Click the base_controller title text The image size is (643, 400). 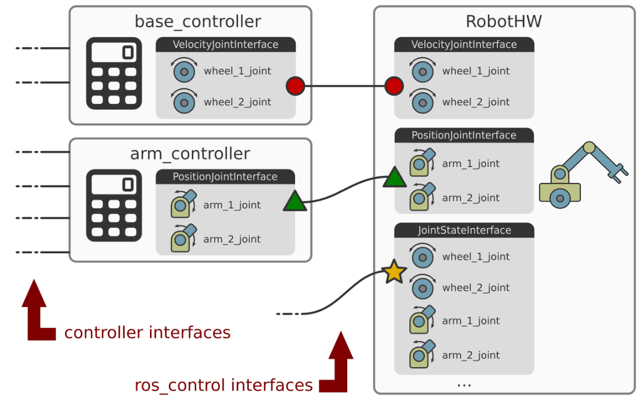(x=197, y=21)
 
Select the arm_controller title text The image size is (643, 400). (x=190, y=153)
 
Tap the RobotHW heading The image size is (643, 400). (x=503, y=21)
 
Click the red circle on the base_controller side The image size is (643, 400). (x=295, y=86)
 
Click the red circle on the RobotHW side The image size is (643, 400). (x=393, y=86)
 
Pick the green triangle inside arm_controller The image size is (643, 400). (x=294, y=202)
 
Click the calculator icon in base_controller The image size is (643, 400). (x=114, y=74)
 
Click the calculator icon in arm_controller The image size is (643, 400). (x=114, y=205)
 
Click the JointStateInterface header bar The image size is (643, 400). (x=464, y=230)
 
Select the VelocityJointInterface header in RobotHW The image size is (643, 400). (x=464, y=45)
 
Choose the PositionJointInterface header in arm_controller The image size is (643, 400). (x=225, y=176)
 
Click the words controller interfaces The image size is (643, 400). (x=147, y=332)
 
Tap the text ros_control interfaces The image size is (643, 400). (x=224, y=385)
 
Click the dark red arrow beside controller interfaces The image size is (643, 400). (x=36, y=313)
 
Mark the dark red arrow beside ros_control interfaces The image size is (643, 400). (x=339, y=365)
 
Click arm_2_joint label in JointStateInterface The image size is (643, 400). (x=471, y=355)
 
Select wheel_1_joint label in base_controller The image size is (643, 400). (x=237, y=71)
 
